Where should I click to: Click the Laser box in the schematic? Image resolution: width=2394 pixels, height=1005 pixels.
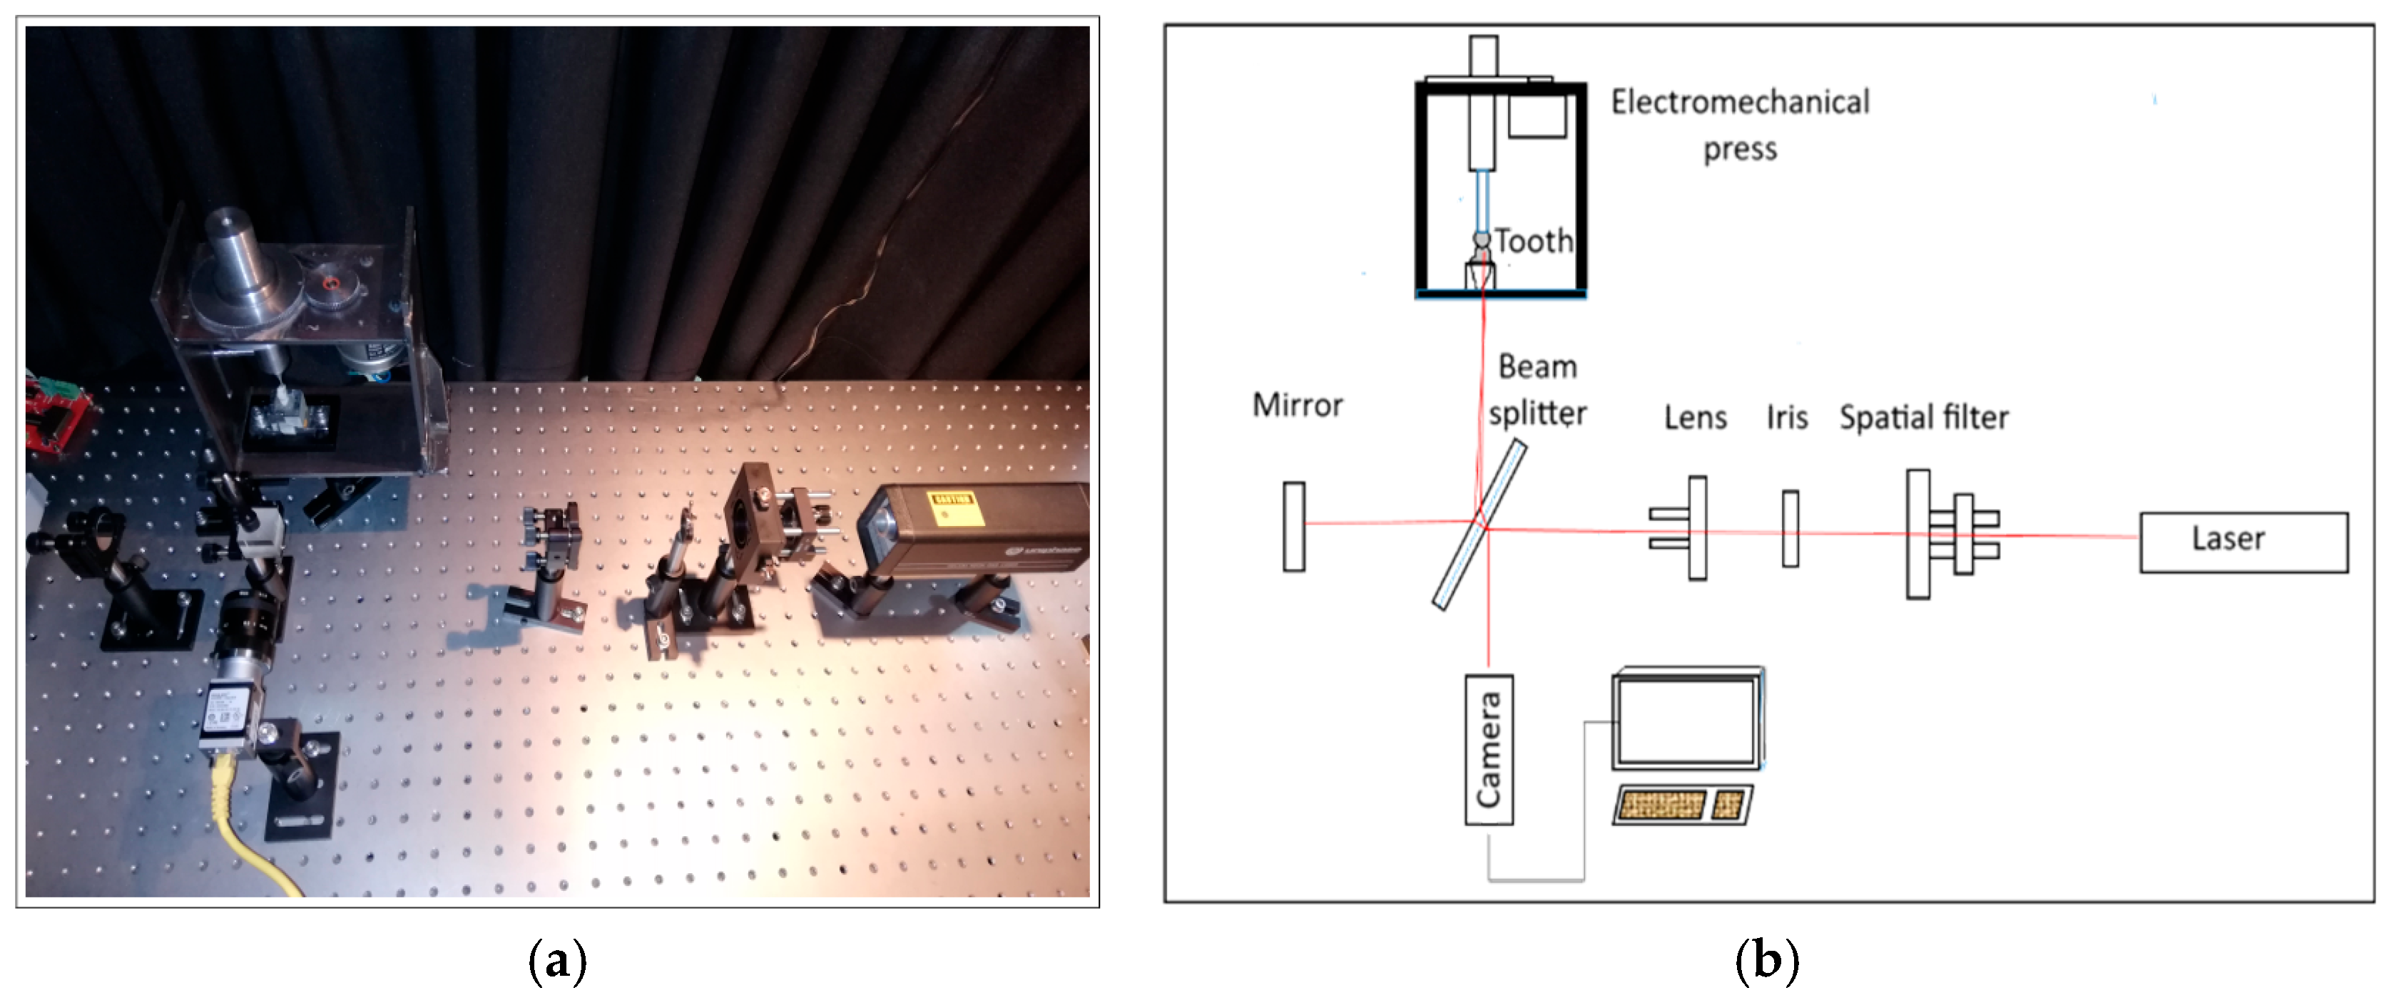point(2243,542)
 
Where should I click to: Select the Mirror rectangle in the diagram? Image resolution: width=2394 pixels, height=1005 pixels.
point(1293,526)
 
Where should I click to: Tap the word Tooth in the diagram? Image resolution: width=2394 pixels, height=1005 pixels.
point(1534,242)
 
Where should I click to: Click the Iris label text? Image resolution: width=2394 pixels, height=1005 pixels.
point(1787,418)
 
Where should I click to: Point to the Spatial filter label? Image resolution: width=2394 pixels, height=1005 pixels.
point(1924,418)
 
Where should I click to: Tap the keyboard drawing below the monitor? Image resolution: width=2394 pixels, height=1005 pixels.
point(1682,805)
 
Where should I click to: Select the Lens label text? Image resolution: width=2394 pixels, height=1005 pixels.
point(1695,418)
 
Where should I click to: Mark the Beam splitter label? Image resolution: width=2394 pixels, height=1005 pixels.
point(1538,390)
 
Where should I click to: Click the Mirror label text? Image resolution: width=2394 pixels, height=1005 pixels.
point(1298,406)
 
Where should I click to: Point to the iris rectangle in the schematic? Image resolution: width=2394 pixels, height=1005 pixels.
point(1790,528)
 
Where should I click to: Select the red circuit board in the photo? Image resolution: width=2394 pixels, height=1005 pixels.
point(58,413)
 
